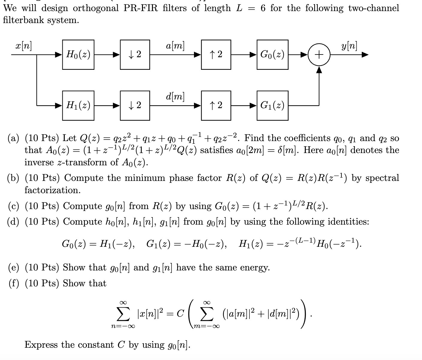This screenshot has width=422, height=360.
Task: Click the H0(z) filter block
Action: (78, 55)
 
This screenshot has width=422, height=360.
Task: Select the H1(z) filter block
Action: (78, 105)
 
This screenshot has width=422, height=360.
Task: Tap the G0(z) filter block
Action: (272, 55)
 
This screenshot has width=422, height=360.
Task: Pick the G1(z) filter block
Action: (272, 105)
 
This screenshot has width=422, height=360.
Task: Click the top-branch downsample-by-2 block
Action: (135, 55)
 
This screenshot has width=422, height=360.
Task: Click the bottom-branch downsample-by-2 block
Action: (135, 105)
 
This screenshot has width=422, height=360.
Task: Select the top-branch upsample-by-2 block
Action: (216, 55)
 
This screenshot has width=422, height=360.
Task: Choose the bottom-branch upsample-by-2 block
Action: (216, 105)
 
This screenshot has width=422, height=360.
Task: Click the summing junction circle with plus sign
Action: (319, 55)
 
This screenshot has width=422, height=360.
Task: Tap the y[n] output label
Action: (349, 46)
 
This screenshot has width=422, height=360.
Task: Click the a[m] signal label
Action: (175, 46)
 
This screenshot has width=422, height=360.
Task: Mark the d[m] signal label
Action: (175, 96)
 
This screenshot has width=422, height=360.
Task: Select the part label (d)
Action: (13, 222)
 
